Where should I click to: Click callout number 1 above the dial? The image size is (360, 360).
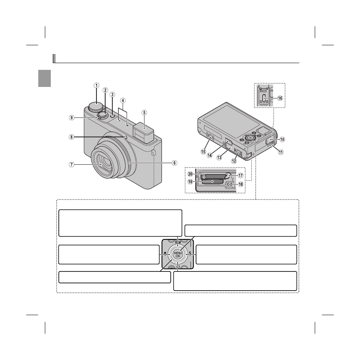point(96,85)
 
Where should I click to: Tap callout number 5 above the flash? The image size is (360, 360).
point(144,113)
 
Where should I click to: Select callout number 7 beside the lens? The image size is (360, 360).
point(71,165)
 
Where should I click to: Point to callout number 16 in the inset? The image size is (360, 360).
point(280,98)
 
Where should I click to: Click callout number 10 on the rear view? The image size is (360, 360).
point(282,139)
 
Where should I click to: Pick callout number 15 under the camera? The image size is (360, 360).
point(204,152)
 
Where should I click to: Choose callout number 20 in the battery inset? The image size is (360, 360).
point(190,174)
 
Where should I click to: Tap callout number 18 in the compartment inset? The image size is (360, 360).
point(241,184)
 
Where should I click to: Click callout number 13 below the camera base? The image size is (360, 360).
point(219,158)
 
